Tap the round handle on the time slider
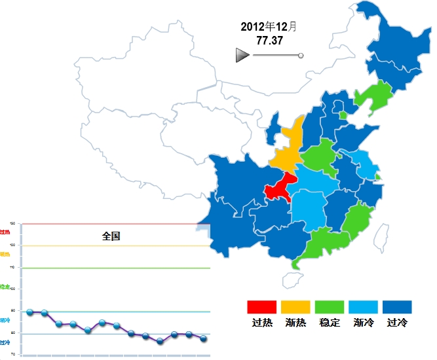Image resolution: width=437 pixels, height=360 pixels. (301, 56)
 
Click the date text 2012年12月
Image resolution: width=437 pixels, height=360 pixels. (269, 27)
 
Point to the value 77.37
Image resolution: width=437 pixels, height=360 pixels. (269, 41)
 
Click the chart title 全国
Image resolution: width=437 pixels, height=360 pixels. (111, 236)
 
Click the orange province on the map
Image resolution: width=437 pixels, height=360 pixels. (287, 148)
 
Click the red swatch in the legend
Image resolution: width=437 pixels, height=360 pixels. (261, 307)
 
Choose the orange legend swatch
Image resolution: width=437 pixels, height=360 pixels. (295, 307)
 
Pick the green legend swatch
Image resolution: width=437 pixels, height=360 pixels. (330, 307)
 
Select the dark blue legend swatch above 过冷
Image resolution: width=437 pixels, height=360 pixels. (398, 307)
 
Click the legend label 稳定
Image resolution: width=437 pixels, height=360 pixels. (330, 323)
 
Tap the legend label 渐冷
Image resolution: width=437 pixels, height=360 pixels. (364, 323)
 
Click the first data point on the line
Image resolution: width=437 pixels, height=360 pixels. (30, 312)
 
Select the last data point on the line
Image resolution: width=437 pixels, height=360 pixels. (204, 338)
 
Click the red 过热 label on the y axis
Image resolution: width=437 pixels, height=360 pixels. (5, 232)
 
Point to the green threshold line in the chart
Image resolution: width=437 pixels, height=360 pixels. (118, 268)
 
